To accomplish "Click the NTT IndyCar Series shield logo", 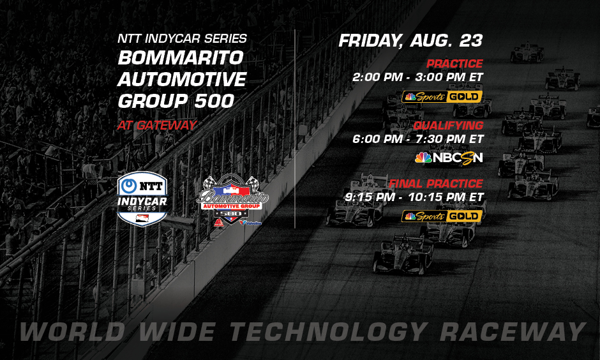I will [x=142, y=197].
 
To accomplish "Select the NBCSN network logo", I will [x=449, y=157].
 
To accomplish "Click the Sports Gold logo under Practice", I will [x=442, y=97].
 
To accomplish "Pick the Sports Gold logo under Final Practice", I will [x=442, y=216].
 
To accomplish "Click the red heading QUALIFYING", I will [x=447, y=125].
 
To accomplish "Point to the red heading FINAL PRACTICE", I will [x=436, y=184].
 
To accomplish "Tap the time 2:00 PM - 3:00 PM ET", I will [x=418, y=77].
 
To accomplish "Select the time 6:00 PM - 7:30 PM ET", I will [x=418, y=139].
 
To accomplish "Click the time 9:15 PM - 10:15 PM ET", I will [x=414, y=197].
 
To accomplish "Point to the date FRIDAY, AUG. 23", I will [x=410, y=41].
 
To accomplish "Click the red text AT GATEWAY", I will [x=156, y=125].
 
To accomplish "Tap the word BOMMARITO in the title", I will [x=181, y=58].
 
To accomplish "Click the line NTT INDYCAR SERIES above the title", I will [x=182, y=39].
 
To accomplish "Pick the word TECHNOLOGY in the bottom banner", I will [x=327, y=332].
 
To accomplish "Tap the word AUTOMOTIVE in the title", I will [x=182, y=80].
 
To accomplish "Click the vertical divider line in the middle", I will [x=295, y=128].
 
